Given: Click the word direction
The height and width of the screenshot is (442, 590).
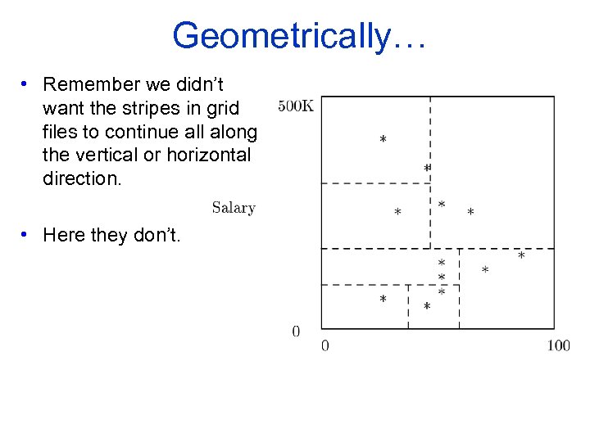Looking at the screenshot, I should tap(82, 178).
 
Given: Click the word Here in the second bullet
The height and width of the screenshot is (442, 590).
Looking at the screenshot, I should tap(64, 236).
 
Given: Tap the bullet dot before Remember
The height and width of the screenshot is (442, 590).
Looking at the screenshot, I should tap(26, 84).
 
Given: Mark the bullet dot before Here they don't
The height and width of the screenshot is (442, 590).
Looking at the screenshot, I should tap(26, 236).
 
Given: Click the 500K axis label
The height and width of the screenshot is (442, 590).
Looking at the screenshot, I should tap(296, 106).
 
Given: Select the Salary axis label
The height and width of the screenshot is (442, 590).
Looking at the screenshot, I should tap(234, 208).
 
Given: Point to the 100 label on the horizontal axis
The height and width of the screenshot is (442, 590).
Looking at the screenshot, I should tap(558, 345).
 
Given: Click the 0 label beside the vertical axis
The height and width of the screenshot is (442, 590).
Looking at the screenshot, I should tap(296, 331).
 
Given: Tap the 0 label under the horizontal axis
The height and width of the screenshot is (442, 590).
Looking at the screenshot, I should tap(325, 345).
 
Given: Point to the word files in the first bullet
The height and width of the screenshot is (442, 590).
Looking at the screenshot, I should tap(61, 132).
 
